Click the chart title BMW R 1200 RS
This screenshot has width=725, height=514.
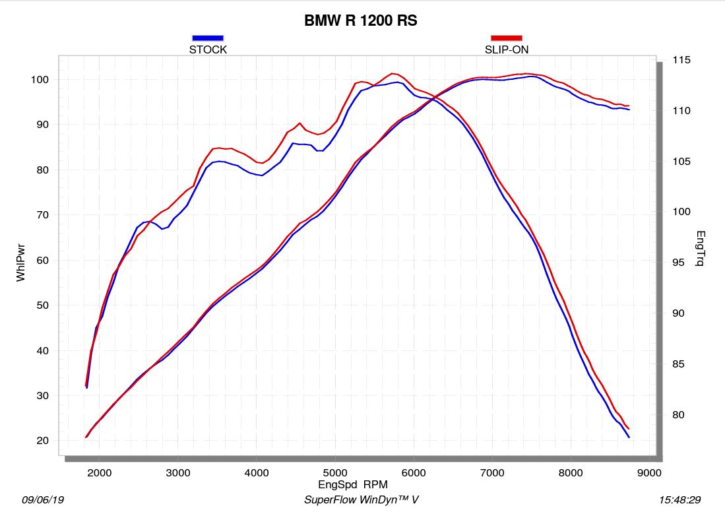(x=360, y=21)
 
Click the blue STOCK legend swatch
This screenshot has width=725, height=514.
(x=208, y=38)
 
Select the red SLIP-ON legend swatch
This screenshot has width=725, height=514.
(x=507, y=38)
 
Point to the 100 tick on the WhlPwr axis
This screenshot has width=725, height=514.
(x=41, y=80)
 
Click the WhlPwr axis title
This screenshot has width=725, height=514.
(x=21, y=260)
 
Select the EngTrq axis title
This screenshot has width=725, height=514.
(x=700, y=249)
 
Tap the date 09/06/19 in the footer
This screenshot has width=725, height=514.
(x=43, y=500)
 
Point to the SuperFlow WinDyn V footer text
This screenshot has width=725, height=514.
(x=361, y=500)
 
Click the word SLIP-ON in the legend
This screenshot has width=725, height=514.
(x=507, y=49)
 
